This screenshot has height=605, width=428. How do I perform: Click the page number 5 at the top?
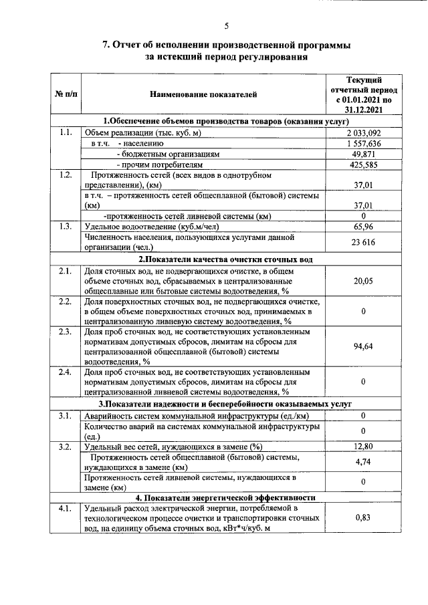tap(226, 26)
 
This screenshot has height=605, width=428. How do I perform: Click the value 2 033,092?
tap(363, 133)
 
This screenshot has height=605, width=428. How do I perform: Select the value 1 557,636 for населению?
tap(363, 144)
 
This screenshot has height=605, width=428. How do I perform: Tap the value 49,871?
tap(363, 154)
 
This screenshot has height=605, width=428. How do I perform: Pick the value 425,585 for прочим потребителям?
tap(363, 164)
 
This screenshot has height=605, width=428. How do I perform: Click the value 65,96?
tap(363, 227)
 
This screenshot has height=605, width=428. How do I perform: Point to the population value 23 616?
tap(363, 242)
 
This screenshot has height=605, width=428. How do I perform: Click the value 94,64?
tap(363, 346)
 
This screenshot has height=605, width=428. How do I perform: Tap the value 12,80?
tap(363, 447)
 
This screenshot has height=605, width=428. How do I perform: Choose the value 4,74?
tap(363, 462)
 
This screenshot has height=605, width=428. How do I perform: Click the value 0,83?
tap(363, 517)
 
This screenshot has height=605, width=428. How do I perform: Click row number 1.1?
tap(65, 133)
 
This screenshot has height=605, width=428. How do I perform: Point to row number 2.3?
tap(65, 332)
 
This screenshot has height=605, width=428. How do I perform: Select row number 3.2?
tap(65, 447)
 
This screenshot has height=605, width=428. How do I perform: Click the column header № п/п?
tap(65, 96)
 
